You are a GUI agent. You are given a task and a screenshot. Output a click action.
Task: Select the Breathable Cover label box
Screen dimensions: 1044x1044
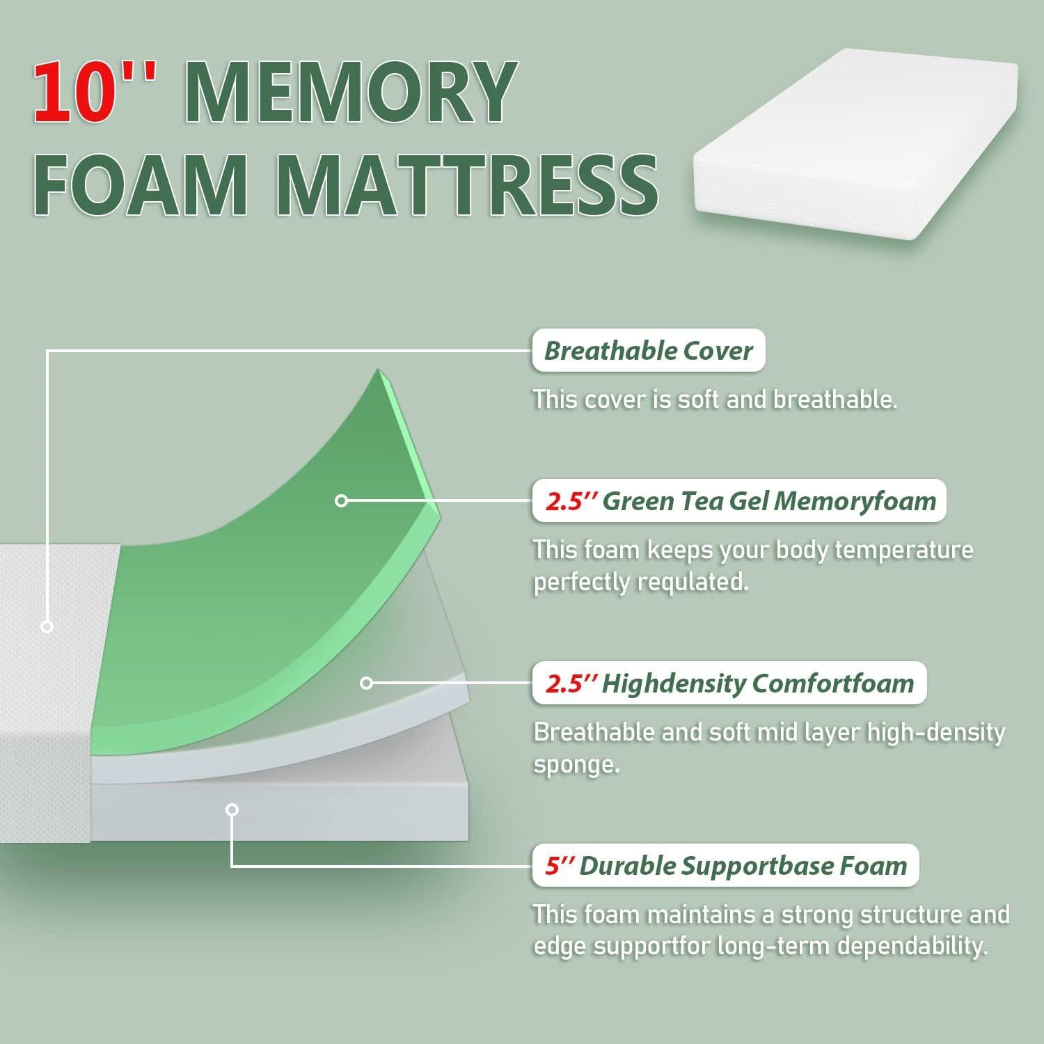point(649,351)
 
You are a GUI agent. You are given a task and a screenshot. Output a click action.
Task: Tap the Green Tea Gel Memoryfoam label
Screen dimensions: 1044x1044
point(739,501)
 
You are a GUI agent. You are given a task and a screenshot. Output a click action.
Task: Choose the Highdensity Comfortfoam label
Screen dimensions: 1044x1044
point(729,683)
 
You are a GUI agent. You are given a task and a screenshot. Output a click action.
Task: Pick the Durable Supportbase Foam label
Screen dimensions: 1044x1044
point(725,866)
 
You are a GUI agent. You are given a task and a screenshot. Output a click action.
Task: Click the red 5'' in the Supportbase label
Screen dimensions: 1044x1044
point(559,865)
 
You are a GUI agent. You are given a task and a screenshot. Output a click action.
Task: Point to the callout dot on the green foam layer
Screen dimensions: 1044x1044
point(341,500)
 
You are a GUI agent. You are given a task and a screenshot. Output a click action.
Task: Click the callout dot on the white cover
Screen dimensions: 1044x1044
point(47,626)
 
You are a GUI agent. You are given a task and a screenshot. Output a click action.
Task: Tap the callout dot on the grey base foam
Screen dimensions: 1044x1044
point(232,809)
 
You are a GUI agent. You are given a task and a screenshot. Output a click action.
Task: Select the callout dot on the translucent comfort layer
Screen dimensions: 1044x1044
point(367,683)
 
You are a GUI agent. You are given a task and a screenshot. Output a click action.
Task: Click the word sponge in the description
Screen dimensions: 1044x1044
point(576,765)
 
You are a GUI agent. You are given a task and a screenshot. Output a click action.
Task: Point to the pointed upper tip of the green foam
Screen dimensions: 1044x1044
point(379,370)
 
